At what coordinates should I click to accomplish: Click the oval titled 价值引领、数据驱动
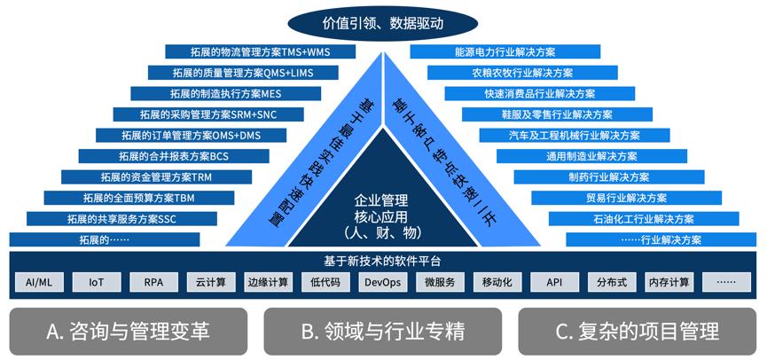[383, 19]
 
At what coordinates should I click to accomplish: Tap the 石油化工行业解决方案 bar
[643, 218]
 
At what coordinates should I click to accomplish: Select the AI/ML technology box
[39, 283]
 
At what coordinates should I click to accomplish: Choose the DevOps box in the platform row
[383, 283]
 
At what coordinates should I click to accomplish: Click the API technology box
[555, 283]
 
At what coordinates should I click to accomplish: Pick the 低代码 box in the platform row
[326, 283]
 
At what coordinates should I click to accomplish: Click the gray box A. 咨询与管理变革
[128, 332]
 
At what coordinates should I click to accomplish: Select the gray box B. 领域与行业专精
[383, 332]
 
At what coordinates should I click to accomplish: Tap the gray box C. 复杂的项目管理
[638, 332]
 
